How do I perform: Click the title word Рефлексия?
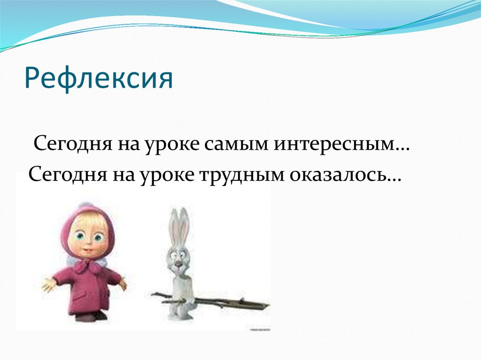pyautogui.click(x=99, y=78)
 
